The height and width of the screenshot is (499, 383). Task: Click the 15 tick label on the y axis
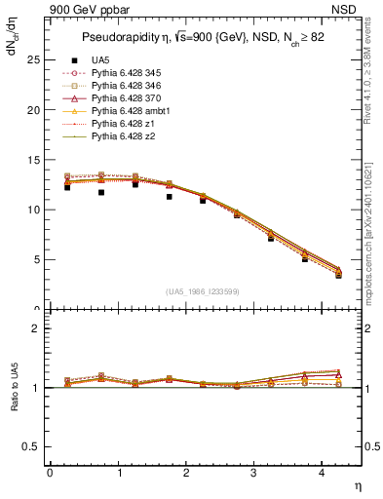33,160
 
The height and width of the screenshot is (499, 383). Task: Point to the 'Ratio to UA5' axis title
13,403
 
